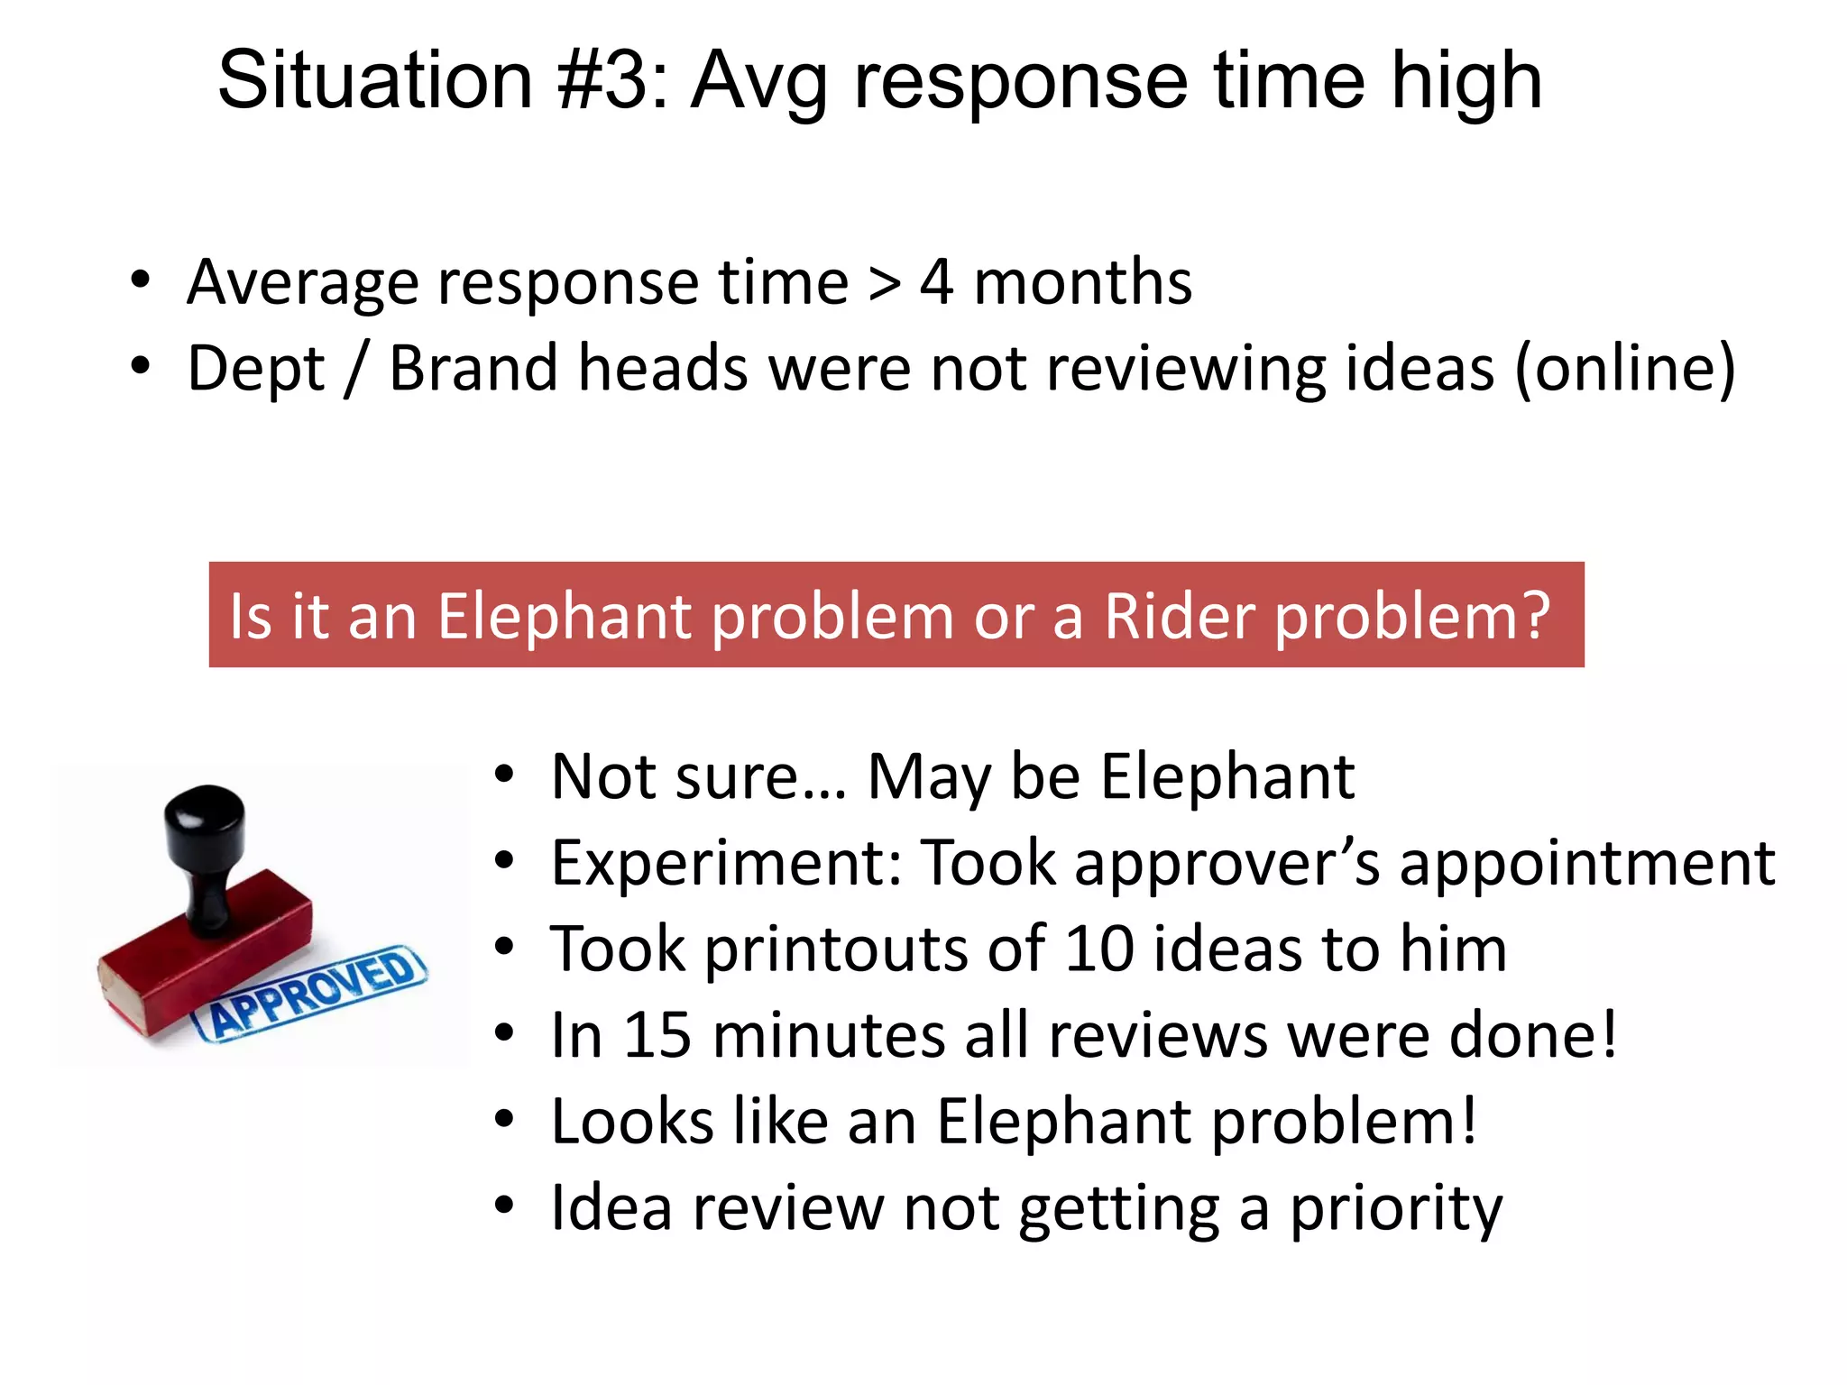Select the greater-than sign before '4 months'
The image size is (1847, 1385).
click(x=884, y=285)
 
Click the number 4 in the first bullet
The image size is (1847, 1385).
click(x=937, y=283)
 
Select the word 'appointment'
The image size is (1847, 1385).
click(x=1587, y=864)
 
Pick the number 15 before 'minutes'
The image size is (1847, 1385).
click(x=657, y=1035)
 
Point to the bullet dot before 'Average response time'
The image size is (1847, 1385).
click(x=140, y=280)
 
